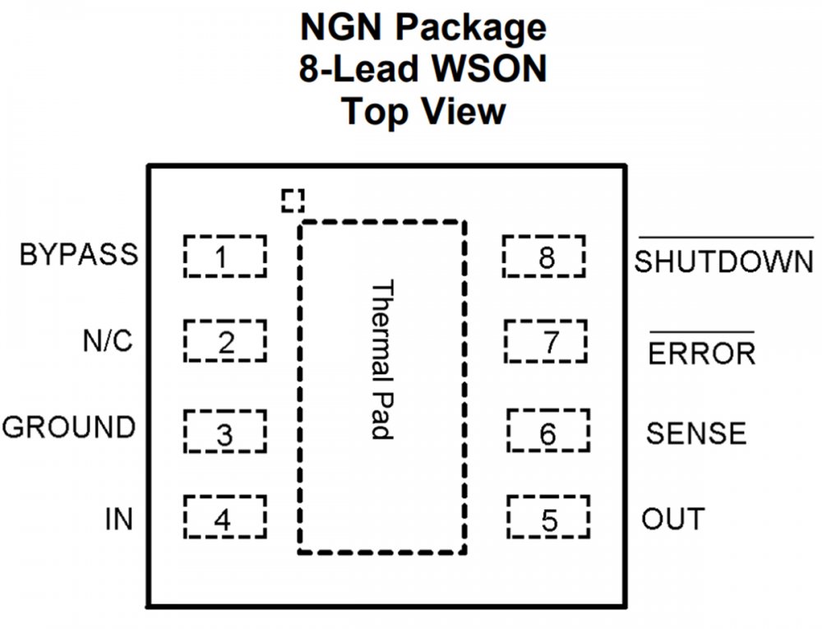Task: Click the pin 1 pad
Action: (224, 257)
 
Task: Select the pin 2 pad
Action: (224, 341)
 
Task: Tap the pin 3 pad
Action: (224, 432)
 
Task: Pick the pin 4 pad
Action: (224, 517)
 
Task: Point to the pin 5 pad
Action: (548, 517)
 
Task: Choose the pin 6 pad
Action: (548, 430)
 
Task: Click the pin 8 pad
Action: (544, 257)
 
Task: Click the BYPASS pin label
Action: (79, 255)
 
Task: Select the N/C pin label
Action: (108, 340)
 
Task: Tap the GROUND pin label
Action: (69, 428)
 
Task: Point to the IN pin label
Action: (118, 520)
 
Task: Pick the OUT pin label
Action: (673, 520)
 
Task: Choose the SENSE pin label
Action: (696, 432)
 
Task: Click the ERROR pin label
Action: (701, 354)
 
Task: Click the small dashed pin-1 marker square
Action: (292, 200)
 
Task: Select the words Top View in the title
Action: (423, 110)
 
